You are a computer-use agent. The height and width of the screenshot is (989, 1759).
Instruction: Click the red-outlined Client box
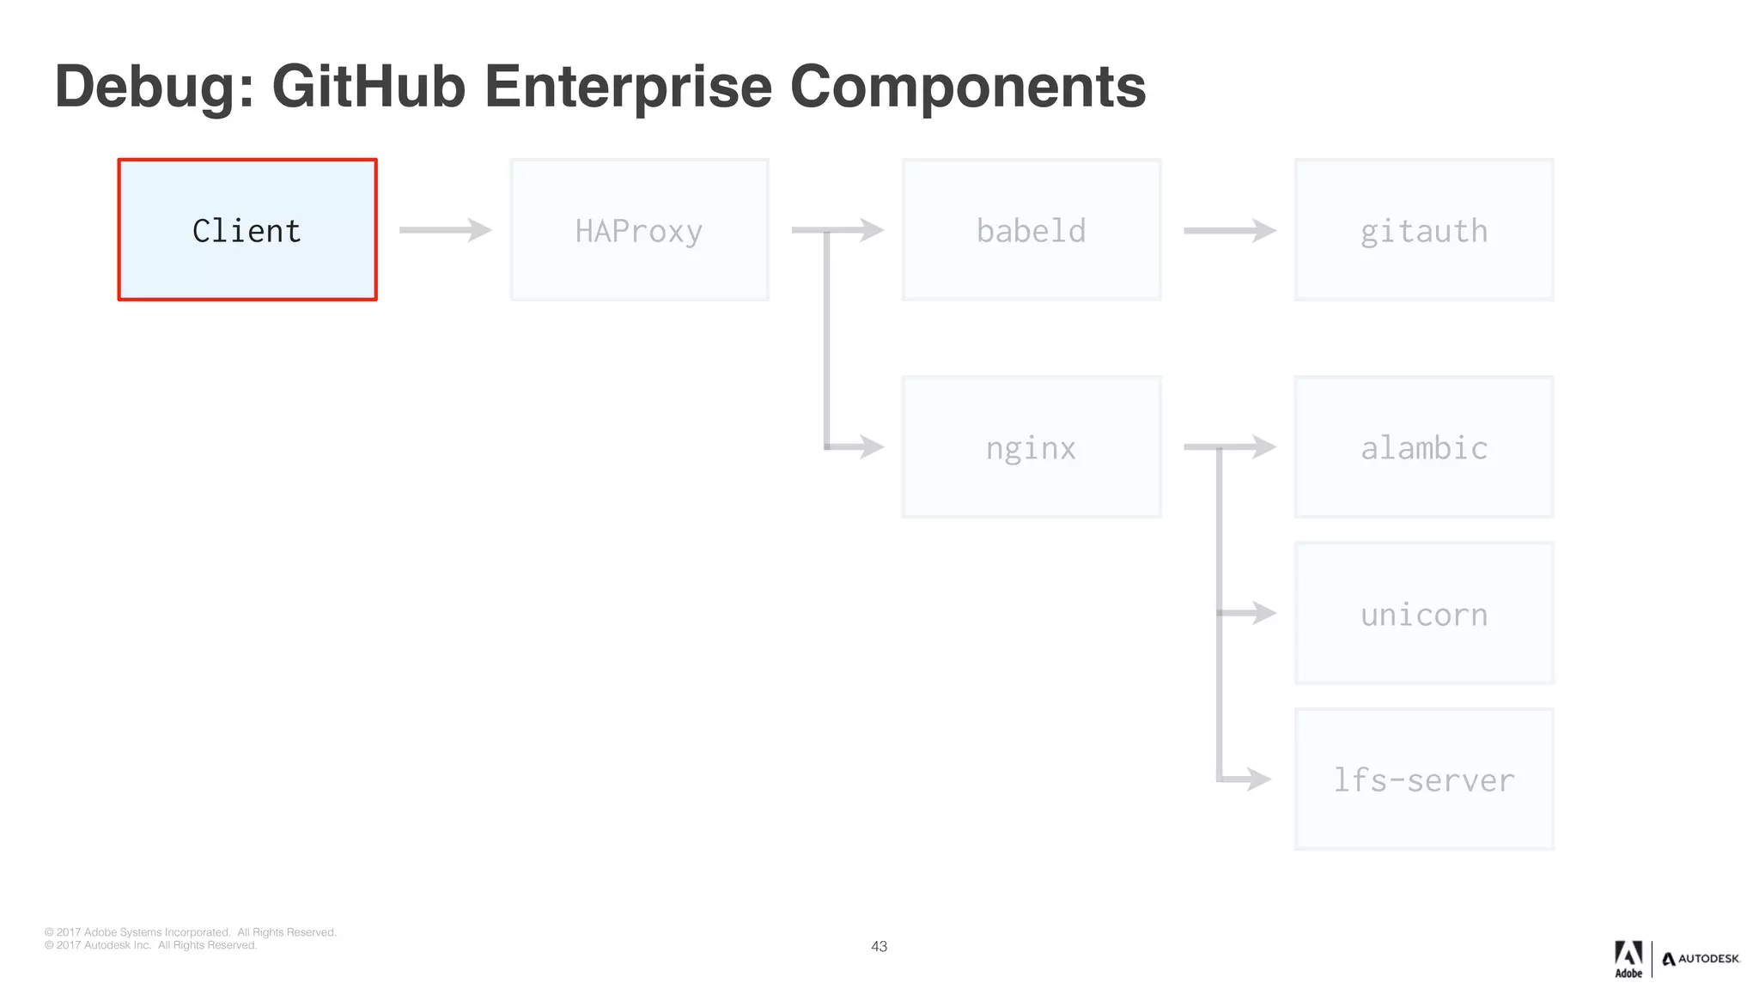click(x=247, y=230)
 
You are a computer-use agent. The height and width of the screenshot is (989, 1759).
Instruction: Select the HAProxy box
click(x=639, y=230)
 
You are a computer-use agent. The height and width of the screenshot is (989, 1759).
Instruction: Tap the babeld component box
click(x=1031, y=230)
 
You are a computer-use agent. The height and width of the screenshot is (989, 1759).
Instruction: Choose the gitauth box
click(x=1423, y=230)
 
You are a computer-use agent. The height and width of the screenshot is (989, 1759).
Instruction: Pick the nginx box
click(x=1031, y=447)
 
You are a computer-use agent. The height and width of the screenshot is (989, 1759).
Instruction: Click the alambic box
click(x=1423, y=447)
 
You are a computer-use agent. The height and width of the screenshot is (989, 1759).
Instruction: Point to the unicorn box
click(x=1423, y=614)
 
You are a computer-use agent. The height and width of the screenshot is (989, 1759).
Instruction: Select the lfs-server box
click(x=1423, y=780)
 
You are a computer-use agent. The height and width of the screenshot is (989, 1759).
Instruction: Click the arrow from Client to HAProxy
click(x=445, y=230)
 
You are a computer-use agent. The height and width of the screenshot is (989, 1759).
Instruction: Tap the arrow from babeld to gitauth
click(x=1229, y=230)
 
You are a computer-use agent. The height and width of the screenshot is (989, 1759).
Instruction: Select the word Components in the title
click(x=967, y=88)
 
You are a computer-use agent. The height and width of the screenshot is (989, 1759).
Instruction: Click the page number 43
click(x=879, y=946)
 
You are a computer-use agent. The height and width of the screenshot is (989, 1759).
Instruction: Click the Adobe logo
click(x=1628, y=959)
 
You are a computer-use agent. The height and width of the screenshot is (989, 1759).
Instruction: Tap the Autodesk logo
click(x=1701, y=959)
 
